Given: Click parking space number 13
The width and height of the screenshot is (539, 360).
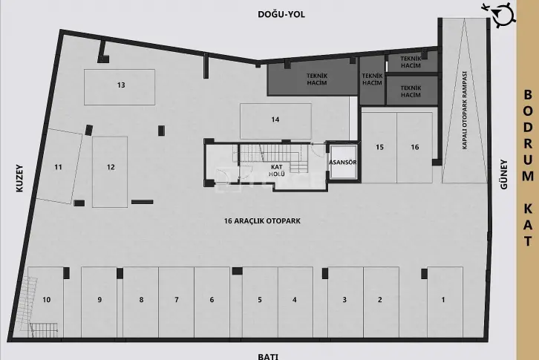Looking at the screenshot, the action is pyautogui.click(x=120, y=87).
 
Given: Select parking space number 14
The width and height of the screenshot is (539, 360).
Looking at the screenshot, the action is pyautogui.click(x=275, y=121).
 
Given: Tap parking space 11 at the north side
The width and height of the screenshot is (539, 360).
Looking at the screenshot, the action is pyautogui.click(x=59, y=166).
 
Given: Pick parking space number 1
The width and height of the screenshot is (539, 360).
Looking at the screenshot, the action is pyautogui.click(x=445, y=302).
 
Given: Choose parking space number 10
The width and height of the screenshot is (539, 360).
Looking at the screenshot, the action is pyautogui.click(x=46, y=302).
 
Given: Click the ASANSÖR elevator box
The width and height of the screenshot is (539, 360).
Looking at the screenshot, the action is pyautogui.click(x=343, y=162).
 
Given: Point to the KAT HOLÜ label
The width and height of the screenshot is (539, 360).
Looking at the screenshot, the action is pyautogui.click(x=277, y=171).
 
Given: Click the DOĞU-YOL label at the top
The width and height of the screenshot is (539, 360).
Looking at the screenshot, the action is pyautogui.click(x=281, y=14).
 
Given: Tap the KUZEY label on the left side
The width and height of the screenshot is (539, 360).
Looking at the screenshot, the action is pyautogui.click(x=19, y=178).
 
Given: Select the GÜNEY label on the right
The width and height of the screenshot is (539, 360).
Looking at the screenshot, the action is pyautogui.click(x=504, y=174).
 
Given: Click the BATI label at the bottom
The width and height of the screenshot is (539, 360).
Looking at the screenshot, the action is pyautogui.click(x=268, y=356).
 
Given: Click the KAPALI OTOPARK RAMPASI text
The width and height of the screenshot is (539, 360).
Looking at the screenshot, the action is pyautogui.click(x=465, y=111).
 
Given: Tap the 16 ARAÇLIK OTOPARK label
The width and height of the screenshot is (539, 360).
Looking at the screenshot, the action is pyautogui.click(x=262, y=220).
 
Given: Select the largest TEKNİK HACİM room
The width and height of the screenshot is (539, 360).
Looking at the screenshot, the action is pyautogui.click(x=313, y=79).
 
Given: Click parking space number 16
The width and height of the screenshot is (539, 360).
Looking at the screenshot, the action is pyautogui.click(x=415, y=148).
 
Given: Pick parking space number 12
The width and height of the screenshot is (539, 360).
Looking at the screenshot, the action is pyautogui.click(x=110, y=172).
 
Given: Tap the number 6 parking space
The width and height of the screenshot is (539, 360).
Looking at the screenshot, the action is pyautogui.click(x=212, y=302).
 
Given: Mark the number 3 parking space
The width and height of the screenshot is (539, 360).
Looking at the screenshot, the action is pyautogui.click(x=345, y=302).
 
